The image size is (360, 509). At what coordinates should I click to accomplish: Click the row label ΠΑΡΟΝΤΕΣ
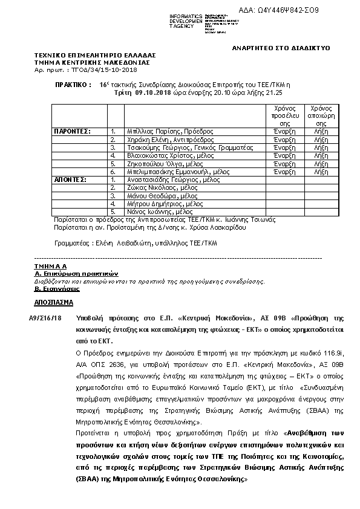tap(73, 131)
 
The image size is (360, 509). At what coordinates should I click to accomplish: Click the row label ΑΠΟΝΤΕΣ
tap(70, 180)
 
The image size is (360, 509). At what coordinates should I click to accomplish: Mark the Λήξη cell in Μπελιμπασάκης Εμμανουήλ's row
tap(321, 172)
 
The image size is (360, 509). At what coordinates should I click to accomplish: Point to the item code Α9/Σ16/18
tap(45, 317)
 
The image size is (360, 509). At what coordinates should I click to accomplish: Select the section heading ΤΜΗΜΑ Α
tap(51, 266)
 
